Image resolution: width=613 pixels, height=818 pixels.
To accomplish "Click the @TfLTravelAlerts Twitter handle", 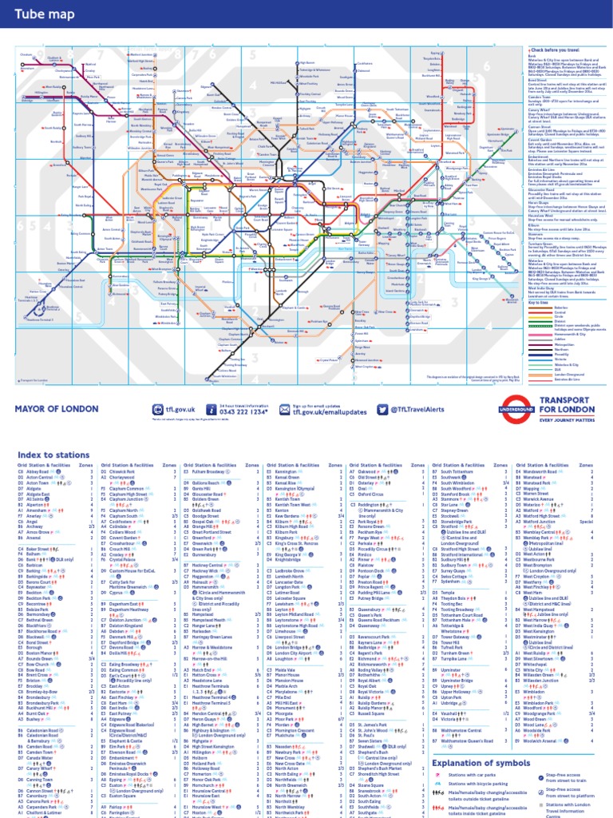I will pos(434,409).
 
